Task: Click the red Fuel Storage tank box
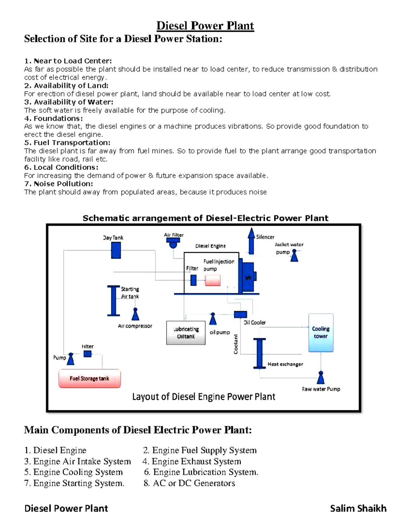pos(89,378)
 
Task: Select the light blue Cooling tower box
pos(321,333)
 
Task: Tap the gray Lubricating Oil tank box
pos(186,333)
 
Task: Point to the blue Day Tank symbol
pos(116,250)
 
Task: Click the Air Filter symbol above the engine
pos(173,243)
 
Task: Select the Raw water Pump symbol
pos(321,377)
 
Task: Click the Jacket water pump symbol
pos(294,256)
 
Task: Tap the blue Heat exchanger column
pos(259,353)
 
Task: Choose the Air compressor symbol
pos(135,314)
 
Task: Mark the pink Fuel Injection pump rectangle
pos(212,280)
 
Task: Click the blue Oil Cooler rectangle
pos(240,314)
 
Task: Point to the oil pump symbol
pos(213,319)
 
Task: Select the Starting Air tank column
pos(113,300)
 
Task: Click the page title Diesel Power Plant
pos(205,26)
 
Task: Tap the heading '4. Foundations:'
pos(53,119)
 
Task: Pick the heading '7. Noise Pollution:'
pos(59,184)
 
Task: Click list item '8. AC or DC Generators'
pos(189,483)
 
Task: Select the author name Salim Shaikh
pos(358,508)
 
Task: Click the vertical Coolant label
pos(236,344)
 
